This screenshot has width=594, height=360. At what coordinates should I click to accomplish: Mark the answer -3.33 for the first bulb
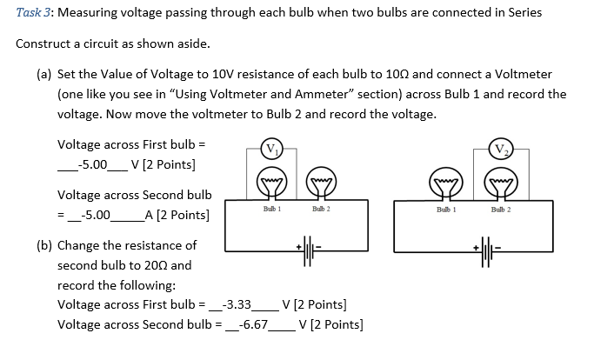coord(237,305)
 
